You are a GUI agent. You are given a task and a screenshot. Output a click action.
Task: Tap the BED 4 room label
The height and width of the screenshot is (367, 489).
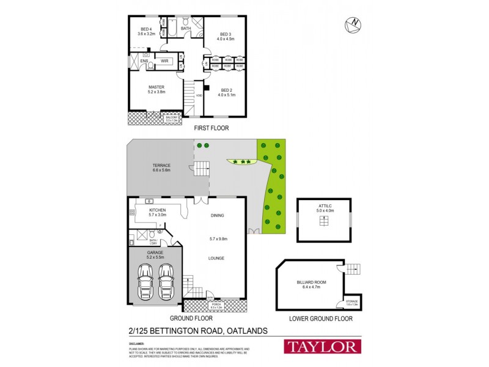[x=146, y=29]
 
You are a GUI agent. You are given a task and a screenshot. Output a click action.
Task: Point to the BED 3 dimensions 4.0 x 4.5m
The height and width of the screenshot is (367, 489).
[x=226, y=39]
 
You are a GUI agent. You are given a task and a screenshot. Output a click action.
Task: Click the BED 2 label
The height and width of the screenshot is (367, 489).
[x=226, y=90]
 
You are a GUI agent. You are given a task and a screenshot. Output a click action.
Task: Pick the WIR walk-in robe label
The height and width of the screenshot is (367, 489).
[x=164, y=61]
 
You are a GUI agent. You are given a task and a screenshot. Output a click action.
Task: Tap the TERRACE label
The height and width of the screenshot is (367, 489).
[x=161, y=166]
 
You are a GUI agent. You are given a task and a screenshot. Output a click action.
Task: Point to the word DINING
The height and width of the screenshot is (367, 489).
[x=218, y=215]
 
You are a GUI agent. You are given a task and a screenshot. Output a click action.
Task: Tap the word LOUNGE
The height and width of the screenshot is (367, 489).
[x=216, y=258]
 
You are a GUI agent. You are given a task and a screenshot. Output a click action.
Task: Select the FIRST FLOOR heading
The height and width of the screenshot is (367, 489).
[x=211, y=128]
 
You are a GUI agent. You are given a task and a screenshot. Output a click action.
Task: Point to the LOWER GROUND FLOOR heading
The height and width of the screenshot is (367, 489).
[x=322, y=319]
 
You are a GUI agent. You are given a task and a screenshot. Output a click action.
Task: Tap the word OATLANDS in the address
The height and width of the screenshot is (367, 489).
[x=247, y=331]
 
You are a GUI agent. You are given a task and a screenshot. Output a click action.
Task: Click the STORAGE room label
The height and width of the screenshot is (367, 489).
[x=351, y=301]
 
